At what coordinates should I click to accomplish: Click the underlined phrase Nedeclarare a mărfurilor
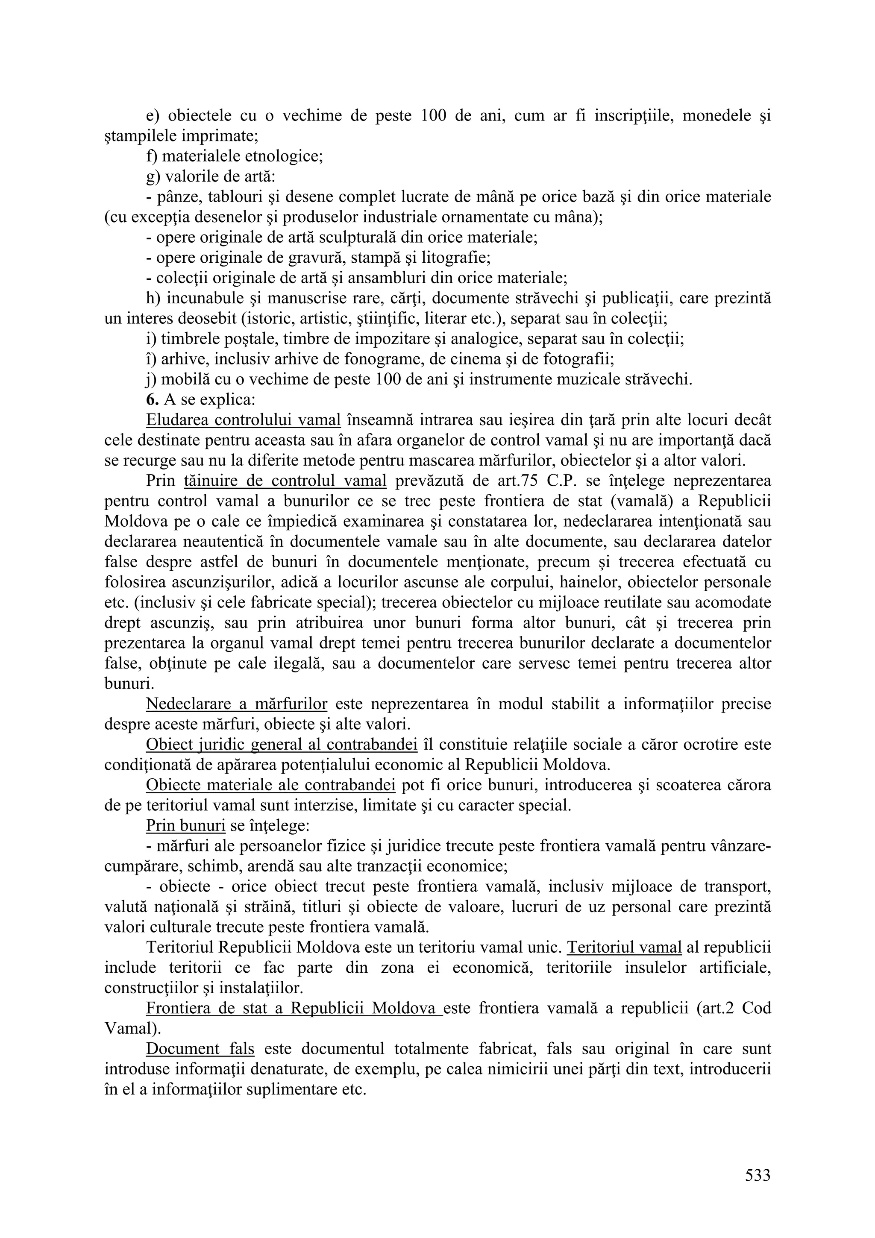(x=237, y=704)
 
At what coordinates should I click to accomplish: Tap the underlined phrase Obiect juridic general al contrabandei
(x=282, y=745)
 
